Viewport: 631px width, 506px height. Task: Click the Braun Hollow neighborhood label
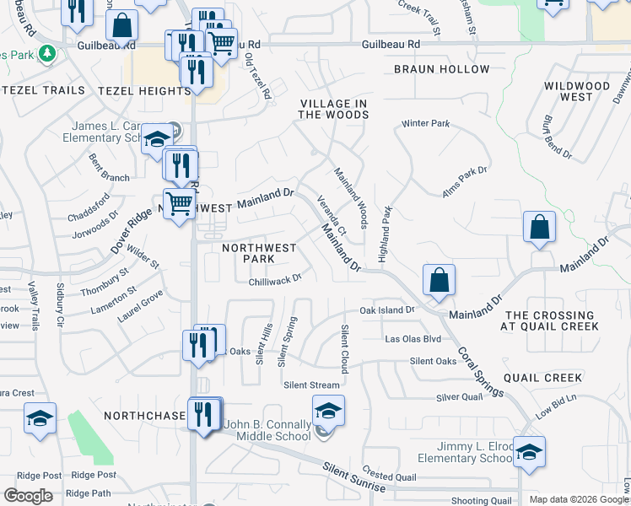pos(441,69)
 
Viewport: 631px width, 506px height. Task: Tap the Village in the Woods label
pos(333,109)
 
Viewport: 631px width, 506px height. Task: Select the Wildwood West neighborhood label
pos(577,91)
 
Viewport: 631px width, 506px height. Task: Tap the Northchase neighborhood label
pos(144,416)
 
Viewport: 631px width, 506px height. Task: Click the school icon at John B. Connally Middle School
pos(328,411)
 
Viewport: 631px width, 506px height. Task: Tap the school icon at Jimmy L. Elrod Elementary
pos(529,452)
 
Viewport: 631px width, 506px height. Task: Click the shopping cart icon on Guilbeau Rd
pos(221,42)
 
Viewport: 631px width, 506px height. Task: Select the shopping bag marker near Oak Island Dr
pos(440,280)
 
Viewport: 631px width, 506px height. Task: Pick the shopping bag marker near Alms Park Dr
pos(539,228)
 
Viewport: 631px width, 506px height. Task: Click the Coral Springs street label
pos(481,371)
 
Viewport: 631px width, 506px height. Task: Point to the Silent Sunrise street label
pos(353,476)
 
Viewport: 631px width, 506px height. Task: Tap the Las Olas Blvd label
pos(413,339)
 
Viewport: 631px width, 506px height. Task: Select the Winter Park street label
pos(426,123)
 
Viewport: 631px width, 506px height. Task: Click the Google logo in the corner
pos(28,496)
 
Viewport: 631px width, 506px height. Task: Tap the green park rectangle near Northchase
pos(90,439)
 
